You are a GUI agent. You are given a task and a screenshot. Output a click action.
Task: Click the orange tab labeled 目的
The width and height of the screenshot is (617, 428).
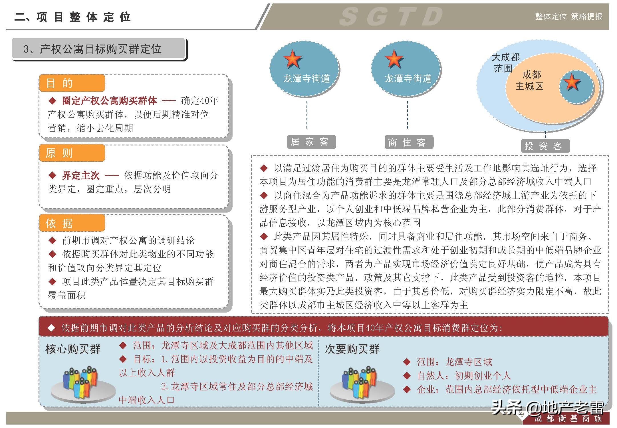click(x=72, y=83)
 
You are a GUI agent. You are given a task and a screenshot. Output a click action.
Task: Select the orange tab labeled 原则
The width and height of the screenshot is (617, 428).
click(x=72, y=153)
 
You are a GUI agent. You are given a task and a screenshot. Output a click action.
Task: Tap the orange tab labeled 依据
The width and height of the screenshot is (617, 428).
click(x=72, y=223)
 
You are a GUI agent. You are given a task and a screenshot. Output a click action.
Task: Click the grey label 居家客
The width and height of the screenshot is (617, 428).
click(x=311, y=142)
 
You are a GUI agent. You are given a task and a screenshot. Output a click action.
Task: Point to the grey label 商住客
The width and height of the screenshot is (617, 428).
click(x=409, y=142)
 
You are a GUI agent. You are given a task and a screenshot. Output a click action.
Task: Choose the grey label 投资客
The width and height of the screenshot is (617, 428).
click(x=545, y=146)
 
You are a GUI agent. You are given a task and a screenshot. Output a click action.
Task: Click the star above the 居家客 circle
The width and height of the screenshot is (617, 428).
click(x=293, y=59)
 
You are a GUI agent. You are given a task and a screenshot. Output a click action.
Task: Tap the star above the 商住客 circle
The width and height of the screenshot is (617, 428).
click(x=394, y=59)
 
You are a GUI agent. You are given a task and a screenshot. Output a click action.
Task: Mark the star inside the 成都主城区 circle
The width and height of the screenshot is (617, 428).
click(x=572, y=82)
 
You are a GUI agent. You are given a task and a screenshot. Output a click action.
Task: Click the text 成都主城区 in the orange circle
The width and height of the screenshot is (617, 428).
click(x=530, y=80)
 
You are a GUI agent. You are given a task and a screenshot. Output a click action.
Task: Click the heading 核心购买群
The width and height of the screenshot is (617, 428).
click(x=73, y=349)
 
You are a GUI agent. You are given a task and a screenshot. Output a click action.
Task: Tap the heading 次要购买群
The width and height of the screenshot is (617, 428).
click(x=352, y=349)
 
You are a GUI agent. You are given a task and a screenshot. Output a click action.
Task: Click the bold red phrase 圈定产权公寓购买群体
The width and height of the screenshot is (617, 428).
click(x=110, y=101)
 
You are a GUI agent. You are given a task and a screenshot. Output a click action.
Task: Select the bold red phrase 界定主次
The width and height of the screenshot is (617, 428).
click(x=81, y=175)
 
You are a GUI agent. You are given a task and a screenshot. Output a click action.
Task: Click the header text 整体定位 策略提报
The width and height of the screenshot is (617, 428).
click(x=568, y=17)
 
